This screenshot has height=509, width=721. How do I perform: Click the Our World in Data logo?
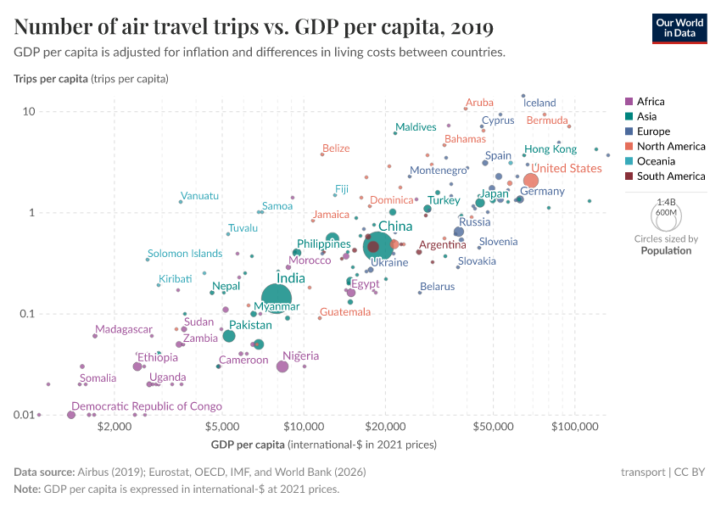pyautogui.click(x=679, y=28)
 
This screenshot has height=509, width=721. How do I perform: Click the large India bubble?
pyautogui.click(x=277, y=299)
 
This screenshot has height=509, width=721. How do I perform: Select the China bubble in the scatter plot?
pyautogui.click(x=377, y=246)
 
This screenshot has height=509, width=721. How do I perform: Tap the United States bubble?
pyautogui.click(x=531, y=181)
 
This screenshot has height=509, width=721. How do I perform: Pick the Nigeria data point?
pyautogui.click(x=282, y=366)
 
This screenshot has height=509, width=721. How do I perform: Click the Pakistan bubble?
pyautogui.click(x=229, y=336)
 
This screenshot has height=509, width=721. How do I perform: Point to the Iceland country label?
pyautogui.click(x=539, y=103)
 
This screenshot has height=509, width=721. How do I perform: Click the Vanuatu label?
pyautogui.click(x=200, y=196)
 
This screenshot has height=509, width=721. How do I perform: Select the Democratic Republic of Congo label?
pyautogui.click(x=147, y=406)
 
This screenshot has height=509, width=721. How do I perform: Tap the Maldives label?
pyautogui.click(x=416, y=127)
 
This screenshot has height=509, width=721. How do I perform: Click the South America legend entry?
pyautogui.click(x=663, y=176)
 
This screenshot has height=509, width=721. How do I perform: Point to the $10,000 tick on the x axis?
pyautogui.click(x=304, y=427)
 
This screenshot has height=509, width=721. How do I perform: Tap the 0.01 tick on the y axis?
pyautogui.click(x=22, y=415)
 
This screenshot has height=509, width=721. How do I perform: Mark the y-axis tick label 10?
pyautogui.click(x=28, y=112)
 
